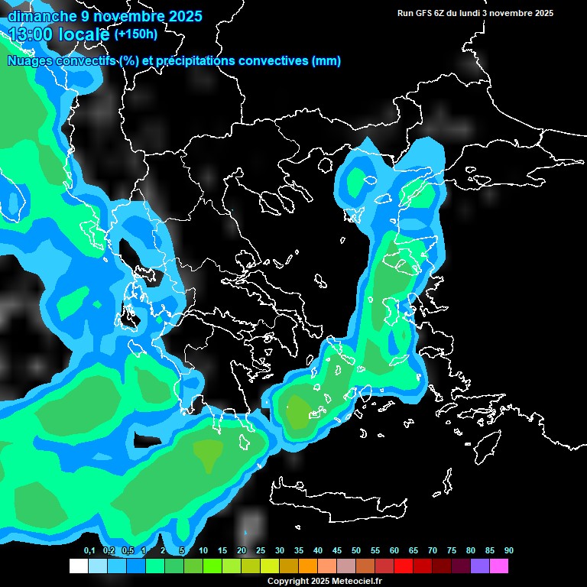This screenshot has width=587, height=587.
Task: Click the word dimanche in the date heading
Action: coord(37,16)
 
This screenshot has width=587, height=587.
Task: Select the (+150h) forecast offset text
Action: coord(135,34)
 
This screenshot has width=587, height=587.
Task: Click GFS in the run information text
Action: coord(422,13)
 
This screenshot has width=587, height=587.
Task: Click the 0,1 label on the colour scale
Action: coord(89,550)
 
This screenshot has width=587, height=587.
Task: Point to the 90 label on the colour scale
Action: coord(509,550)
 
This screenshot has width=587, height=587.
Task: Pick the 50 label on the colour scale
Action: coord(356,550)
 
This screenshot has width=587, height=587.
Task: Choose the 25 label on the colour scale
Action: coord(261,550)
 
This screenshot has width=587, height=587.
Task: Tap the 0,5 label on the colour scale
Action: coord(128,550)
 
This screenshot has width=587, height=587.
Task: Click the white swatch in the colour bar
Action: coord(78,566)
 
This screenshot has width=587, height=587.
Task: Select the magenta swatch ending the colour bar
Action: coord(499,566)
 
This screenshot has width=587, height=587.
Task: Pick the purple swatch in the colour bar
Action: coord(480,566)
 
